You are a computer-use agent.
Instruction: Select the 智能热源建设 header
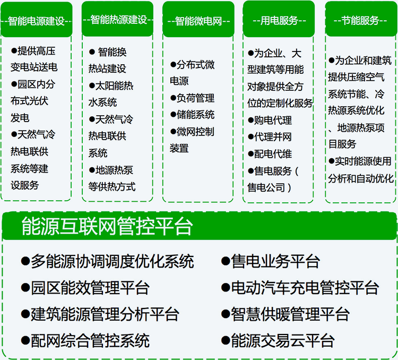coord(119,20)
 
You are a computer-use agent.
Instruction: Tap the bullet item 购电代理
coord(273,121)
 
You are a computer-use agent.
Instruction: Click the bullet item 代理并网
coord(273,137)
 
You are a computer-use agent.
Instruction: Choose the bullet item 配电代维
coord(273,154)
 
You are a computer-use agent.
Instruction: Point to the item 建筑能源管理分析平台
coord(105,314)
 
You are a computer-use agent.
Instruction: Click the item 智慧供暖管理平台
coord(290,314)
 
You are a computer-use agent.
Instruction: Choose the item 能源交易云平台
coord(282,340)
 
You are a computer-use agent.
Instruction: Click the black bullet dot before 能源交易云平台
coord(225,340)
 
